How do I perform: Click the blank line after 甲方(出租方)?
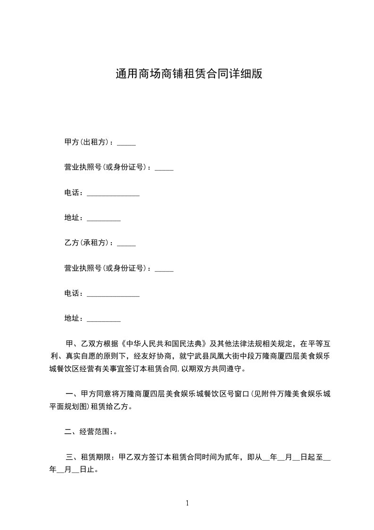[x=126, y=144]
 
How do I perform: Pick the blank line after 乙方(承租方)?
[x=126, y=245]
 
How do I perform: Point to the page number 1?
[x=187, y=504]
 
